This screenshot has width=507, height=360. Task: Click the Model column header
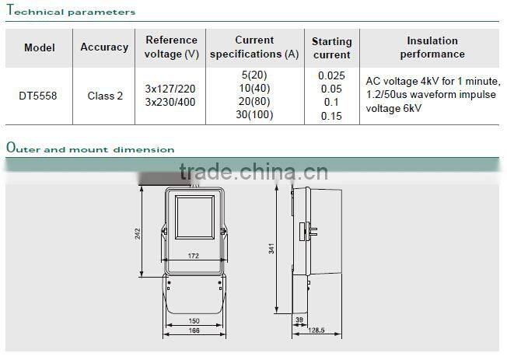40,47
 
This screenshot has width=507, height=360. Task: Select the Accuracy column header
104,47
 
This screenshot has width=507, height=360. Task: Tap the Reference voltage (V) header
171,47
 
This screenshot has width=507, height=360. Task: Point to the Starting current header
332,48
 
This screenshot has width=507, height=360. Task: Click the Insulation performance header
432,47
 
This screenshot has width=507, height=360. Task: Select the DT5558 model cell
38,96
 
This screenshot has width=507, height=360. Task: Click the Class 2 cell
105,96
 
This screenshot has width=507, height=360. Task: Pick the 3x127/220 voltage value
170,89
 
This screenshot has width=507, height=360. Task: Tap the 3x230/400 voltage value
170,102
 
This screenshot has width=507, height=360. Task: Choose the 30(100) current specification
254,114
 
